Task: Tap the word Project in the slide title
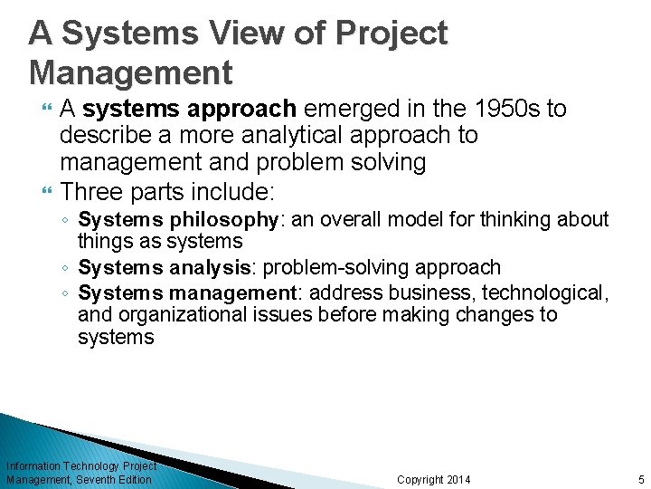(392, 34)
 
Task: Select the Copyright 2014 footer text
(434, 479)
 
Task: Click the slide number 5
(639, 479)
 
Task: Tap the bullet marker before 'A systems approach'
(48, 110)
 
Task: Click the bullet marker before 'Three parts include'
(48, 191)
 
